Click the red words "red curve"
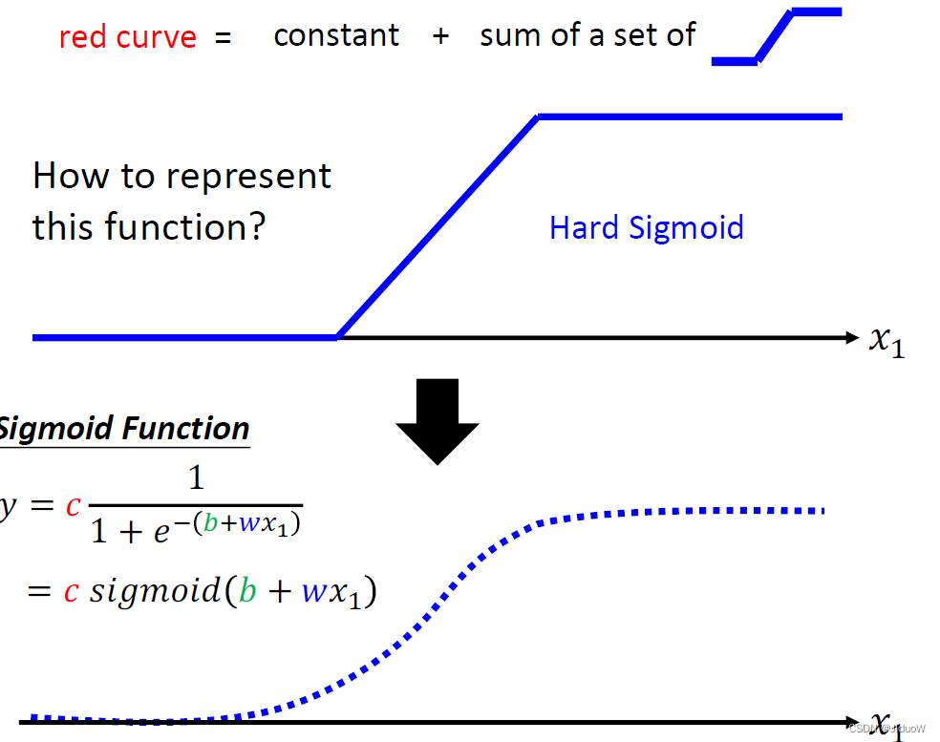(x=127, y=37)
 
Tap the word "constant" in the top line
(x=336, y=35)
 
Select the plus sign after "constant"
(x=439, y=37)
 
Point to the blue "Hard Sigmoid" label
(x=646, y=227)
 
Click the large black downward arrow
(x=438, y=420)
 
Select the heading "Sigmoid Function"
(x=124, y=429)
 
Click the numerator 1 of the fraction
(x=196, y=477)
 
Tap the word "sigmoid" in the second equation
(x=155, y=591)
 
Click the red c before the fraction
(x=73, y=505)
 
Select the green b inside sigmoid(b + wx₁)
(x=247, y=591)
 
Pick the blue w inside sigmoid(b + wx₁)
(x=314, y=592)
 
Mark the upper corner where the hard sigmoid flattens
(x=539, y=117)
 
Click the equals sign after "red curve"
(x=223, y=38)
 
